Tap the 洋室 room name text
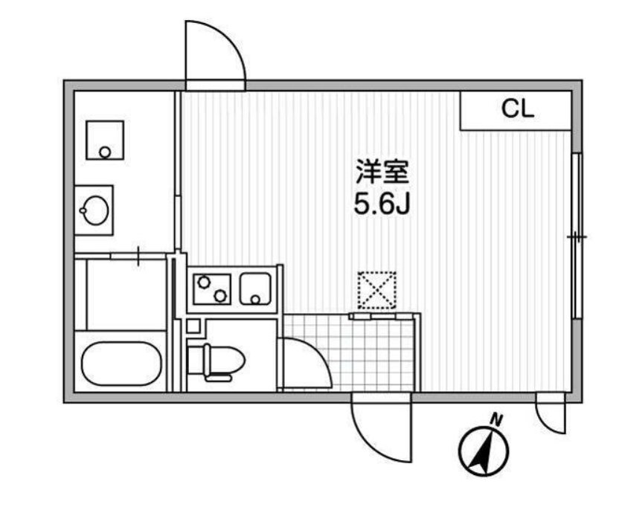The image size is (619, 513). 382,172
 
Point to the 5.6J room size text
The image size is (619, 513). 382,204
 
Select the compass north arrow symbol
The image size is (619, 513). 484,451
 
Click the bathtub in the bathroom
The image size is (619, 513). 121,363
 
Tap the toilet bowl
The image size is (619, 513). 224,360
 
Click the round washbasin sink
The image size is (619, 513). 94,210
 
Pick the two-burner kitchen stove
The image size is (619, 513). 211,289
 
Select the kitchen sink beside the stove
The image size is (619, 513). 255,289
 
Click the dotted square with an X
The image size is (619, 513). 376,290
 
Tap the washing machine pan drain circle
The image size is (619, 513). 105,152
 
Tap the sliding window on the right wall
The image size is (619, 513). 577,236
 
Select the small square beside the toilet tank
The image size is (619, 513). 193,326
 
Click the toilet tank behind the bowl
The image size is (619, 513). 196,360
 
